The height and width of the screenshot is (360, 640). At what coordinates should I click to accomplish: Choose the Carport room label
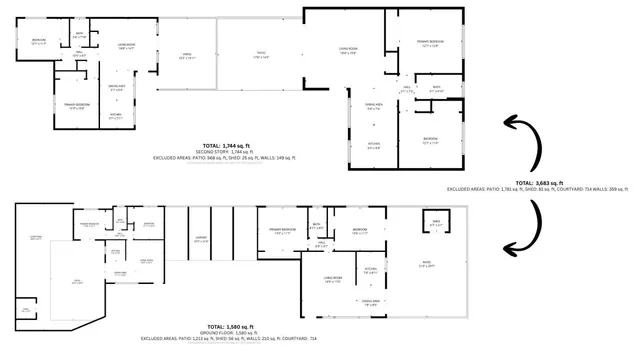(x=201, y=239)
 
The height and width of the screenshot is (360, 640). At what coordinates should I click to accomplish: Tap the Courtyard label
(x=36, y=237)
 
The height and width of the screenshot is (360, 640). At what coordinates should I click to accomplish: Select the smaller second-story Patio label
(x=185, y=57)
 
